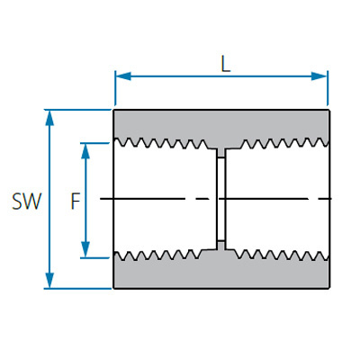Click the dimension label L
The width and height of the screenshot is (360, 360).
click(226, 64)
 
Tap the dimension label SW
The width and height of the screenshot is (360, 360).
click(26, 201)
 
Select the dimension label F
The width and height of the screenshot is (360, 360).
click(76, 201)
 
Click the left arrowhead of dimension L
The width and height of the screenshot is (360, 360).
click(123, 76)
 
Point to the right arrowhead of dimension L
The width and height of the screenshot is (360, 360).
click(319, 76)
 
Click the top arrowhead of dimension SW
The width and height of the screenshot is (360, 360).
click(49, 118)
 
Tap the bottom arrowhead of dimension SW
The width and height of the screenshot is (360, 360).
click(49, 281)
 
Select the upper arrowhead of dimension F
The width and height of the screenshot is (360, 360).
click(85, 151)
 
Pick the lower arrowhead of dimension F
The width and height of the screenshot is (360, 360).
click(85, 249)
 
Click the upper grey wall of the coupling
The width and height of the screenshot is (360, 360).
click(222, 124)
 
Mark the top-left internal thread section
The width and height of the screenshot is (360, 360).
click(161, 143)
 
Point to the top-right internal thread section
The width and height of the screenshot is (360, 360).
click(284, 143)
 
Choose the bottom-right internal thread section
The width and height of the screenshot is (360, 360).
click(282, 255)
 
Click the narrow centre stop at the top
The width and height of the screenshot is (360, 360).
click(221, 153)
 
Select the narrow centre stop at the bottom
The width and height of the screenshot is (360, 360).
click(221, 246)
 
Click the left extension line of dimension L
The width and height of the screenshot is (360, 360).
click(115, 88)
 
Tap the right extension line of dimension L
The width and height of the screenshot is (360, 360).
click(328, 88)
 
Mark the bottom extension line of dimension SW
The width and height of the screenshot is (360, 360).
click(78, 289)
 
